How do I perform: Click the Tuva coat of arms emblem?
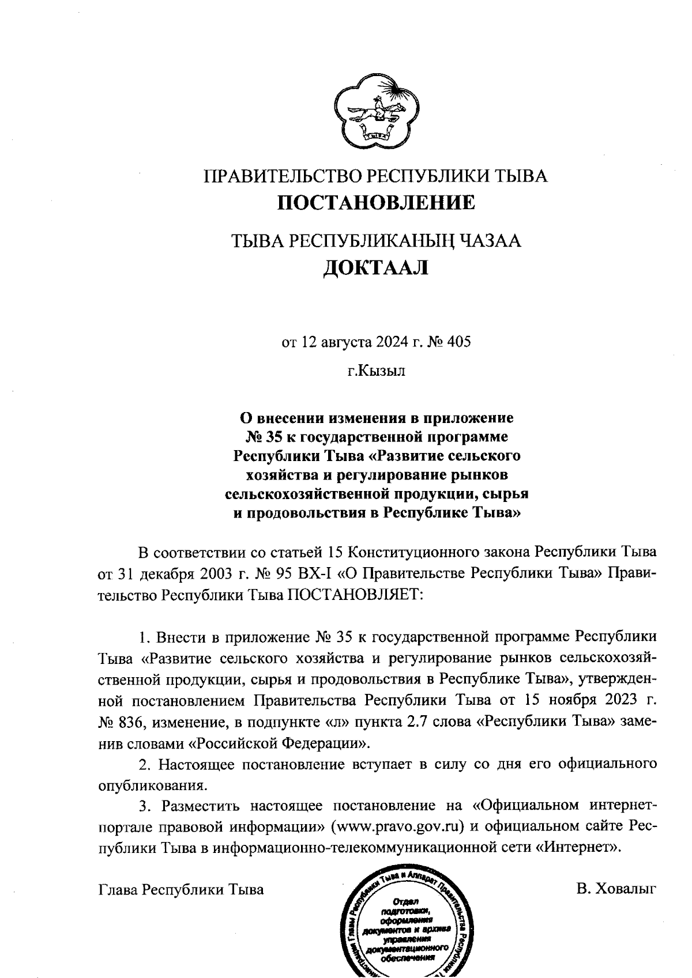[x=375, y=109]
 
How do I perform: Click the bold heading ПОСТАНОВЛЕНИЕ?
[x=377, y=202]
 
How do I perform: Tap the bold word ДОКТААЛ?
[x=375, y=267]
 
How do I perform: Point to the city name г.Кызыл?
[x=376, y=371]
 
